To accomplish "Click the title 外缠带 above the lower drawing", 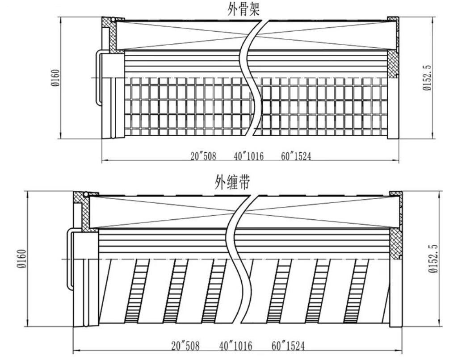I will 232,183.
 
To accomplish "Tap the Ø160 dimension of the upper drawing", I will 55,78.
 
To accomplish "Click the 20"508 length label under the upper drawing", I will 203,156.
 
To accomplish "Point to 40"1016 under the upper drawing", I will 248,156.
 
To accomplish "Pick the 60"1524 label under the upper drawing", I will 296,156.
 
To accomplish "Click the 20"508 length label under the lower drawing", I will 185,346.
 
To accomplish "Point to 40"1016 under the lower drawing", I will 235,346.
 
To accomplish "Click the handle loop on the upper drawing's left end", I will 99,78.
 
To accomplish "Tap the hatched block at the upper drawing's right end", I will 392,63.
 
